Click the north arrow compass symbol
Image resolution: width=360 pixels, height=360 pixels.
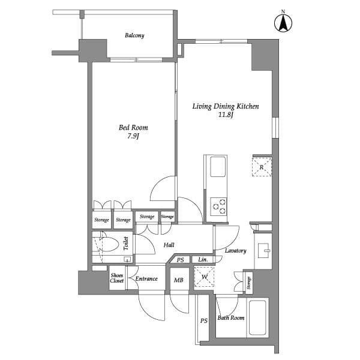click(283, 23)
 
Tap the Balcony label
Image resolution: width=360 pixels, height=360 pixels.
click(134, 35)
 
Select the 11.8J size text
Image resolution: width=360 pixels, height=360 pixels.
click(226, 115)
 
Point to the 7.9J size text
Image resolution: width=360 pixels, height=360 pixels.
click(133, 136)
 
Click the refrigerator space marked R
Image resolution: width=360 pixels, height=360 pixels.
click(262, 167)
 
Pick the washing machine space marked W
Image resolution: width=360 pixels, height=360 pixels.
click(204, 277)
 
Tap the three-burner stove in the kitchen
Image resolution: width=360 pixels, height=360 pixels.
click(218, 206)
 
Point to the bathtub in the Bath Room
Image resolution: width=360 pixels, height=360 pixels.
click(257, 317)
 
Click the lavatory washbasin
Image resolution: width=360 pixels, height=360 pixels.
click(263, 250)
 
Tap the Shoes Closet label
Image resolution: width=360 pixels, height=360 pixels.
click(117, 278)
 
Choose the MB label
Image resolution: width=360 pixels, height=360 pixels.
click(179, 280)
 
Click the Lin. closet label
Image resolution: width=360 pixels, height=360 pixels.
click(203, 260)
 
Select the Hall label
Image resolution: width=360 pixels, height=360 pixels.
click(169, 245)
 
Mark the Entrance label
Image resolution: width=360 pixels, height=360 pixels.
click(146, 279)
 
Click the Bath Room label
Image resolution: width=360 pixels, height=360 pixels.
click(231, 318)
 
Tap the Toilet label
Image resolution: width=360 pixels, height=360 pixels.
click(126, 244)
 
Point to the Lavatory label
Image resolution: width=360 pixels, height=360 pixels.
click(236, 251)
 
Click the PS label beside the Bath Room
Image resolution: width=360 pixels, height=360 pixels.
click(204, 320)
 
